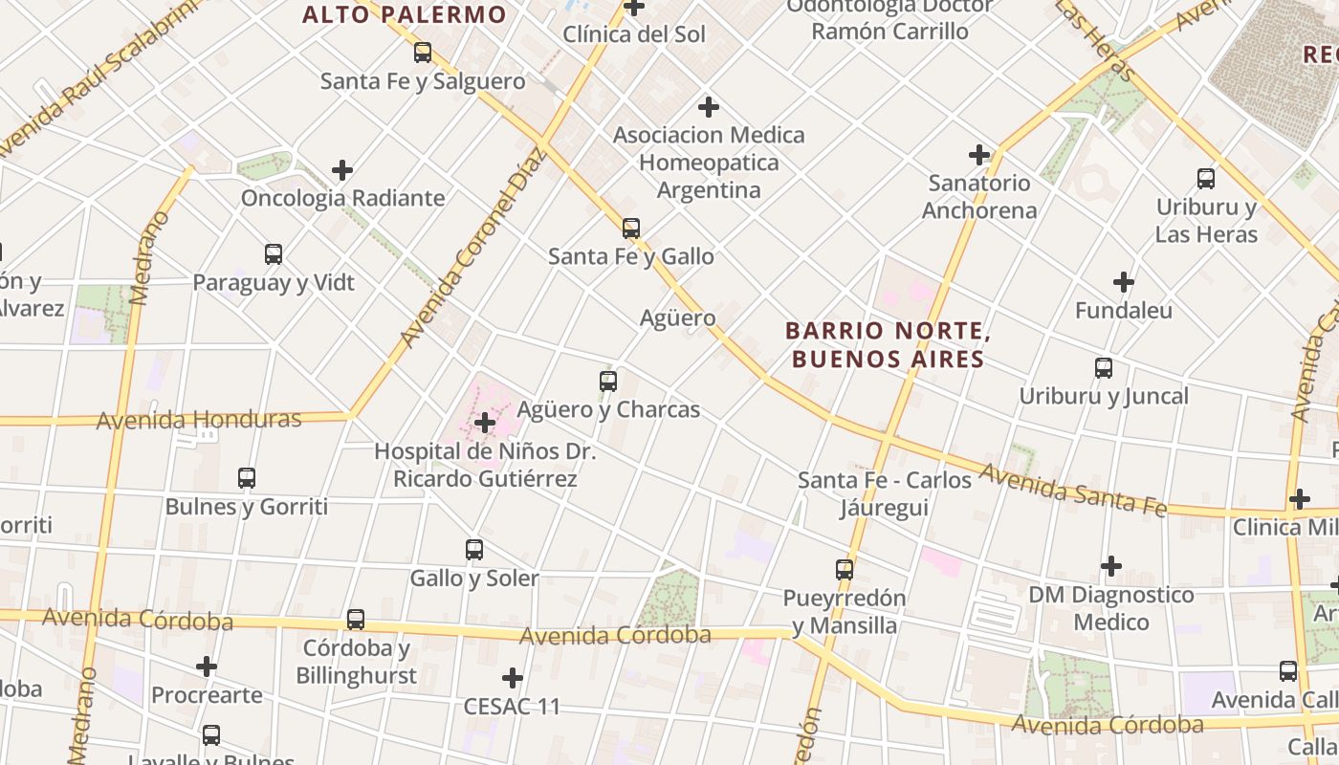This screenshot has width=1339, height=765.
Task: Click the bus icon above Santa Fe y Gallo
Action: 630,229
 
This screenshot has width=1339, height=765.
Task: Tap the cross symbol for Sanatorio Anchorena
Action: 979,154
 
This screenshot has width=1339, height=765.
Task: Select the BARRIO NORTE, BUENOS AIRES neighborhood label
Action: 886,345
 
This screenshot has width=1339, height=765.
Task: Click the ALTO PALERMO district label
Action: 405,14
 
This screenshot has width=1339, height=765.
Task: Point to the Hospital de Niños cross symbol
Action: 485,422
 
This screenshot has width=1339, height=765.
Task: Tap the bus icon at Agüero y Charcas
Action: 607,382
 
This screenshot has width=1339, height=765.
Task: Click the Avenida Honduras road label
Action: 199,419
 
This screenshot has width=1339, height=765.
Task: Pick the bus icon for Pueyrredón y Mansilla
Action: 844,570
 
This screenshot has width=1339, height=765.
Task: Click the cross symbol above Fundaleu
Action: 1124,282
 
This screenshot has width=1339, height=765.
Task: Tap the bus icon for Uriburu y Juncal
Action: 1103,368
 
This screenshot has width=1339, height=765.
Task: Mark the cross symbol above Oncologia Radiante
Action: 342,170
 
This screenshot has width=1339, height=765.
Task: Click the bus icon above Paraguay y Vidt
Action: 273,254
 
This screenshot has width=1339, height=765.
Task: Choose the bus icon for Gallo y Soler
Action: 473,550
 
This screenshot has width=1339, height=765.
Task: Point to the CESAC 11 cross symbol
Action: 512,678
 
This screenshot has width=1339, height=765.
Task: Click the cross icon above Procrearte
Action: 206,667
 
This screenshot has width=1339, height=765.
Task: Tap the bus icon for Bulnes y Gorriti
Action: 246,478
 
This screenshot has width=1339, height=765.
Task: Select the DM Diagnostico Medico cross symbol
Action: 1110,566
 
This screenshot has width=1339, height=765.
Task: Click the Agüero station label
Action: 677,317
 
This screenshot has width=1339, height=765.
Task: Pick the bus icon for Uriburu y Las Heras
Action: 1206,179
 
